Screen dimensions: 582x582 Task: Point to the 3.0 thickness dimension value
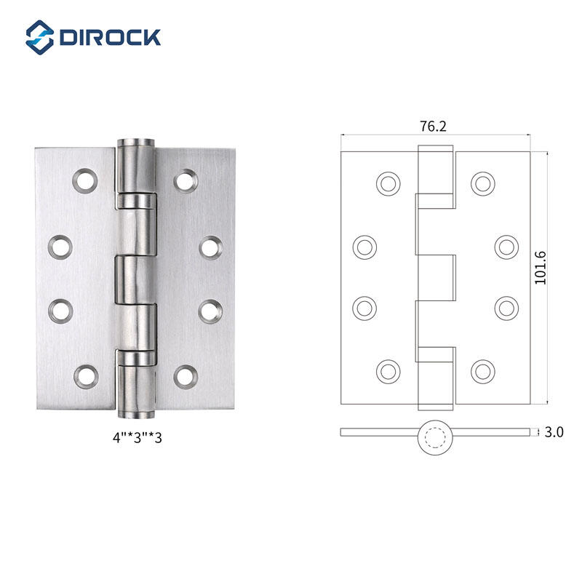point(554,432)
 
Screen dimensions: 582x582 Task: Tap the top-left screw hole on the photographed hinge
point(85,179)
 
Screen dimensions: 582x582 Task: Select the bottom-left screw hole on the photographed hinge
point(85,375)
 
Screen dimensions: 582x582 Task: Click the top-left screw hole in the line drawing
point(388,183)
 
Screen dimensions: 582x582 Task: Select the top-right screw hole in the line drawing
point(482,183)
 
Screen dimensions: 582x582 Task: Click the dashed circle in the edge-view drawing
point(436,437)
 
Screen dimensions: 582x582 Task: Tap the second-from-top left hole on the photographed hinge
point(60,247)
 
